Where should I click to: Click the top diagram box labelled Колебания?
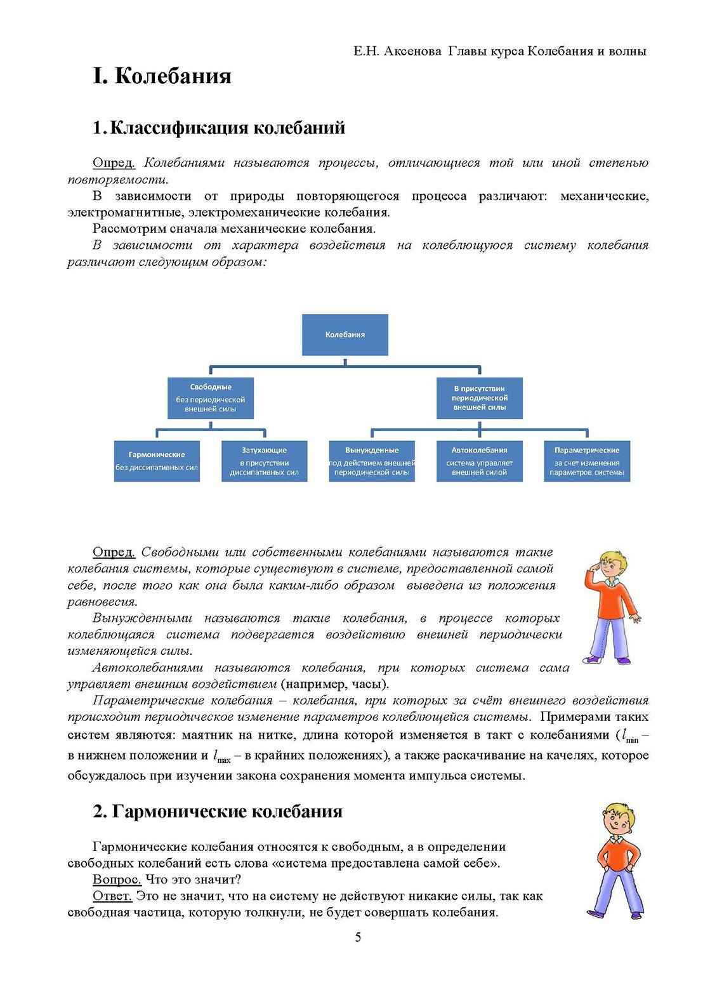coord(345,334)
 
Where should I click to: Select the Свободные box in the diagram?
coord(211,398)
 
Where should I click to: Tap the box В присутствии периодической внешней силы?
coord(479,398)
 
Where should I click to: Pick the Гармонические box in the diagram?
coord(157,461)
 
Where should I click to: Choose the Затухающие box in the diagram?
coord(264,461)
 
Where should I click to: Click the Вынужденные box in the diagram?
coord(372,461)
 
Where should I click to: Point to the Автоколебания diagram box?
coord(479,461)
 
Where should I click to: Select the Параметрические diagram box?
coord(587,461)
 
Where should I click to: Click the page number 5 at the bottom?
coord(358,937)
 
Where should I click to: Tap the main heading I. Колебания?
coord(162,76)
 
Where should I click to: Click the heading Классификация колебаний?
coord(227,128)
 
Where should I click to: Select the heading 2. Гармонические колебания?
coord(218,812)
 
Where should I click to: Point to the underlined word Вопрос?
coord(117,880)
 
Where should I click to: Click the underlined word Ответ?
coord(112,896)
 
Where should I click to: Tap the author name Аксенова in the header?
coord(413,51)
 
